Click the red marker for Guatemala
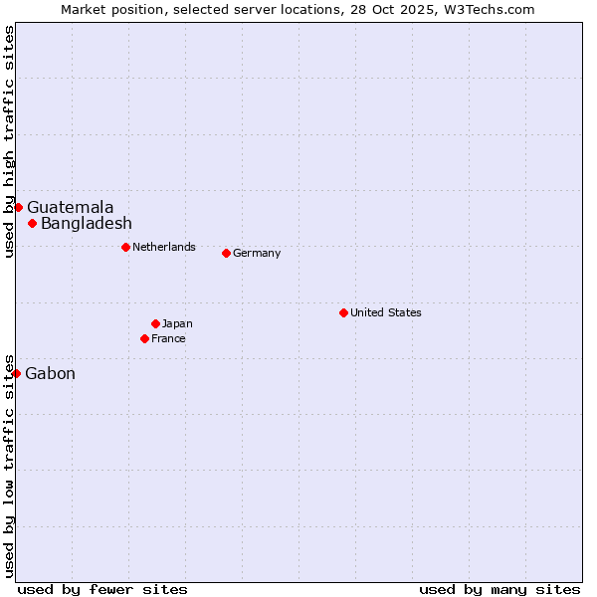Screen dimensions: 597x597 (18, 207)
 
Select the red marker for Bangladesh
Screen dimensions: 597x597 (32, 223)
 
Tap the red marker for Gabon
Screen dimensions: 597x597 (16, 373)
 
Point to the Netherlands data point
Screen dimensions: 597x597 (125, 247)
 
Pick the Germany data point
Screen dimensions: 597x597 (226, 253)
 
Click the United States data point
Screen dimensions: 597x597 (343, 312)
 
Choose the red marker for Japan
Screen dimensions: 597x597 (155, 323)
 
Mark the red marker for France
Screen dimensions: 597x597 (144, 338)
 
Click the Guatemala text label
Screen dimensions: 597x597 (70, 207)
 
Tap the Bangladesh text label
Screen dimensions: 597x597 (87, 223)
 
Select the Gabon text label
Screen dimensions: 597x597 (50, 373)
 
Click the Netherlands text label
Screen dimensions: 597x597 (164, 247)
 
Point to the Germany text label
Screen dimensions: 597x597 (257, 253)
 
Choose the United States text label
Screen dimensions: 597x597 (386, 312)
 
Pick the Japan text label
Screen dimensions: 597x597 (177, 323)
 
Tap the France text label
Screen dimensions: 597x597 (168, 338)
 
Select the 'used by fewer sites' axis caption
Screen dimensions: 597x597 (102, 589)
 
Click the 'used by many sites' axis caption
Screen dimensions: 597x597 (499, 589)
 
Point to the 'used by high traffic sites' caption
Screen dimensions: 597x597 (9, 141)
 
